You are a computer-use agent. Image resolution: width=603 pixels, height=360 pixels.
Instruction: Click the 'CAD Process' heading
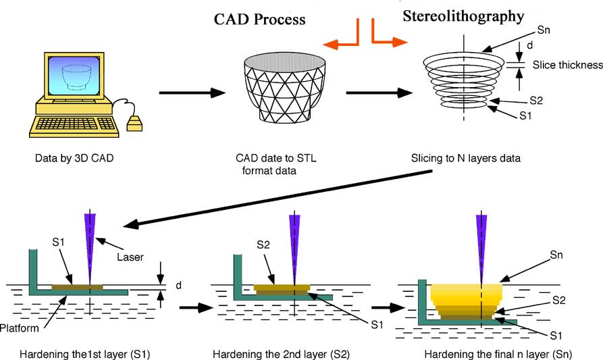point(256,20)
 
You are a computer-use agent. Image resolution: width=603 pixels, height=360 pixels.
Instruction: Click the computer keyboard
point(76,124)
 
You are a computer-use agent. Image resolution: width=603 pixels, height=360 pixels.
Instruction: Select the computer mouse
point(135,124)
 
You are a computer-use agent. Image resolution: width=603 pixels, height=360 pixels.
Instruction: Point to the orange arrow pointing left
point(342,40)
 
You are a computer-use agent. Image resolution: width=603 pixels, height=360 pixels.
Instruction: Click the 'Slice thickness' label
point(567,65)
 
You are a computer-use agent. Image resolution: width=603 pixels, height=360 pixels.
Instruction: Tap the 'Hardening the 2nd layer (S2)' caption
point(280,353)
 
